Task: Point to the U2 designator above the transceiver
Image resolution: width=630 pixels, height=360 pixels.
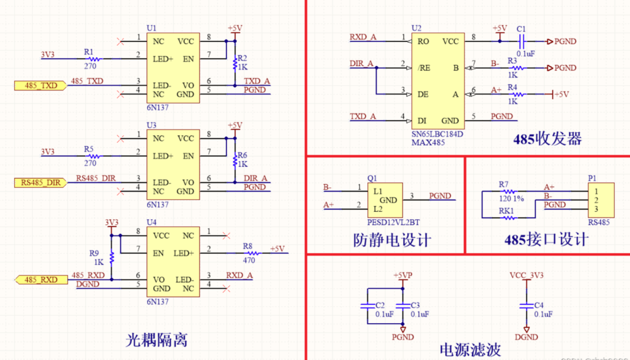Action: click(416, 28)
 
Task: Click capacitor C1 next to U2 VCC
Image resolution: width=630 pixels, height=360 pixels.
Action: click(523, 41)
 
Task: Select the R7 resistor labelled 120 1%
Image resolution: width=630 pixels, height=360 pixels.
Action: click(509, 191)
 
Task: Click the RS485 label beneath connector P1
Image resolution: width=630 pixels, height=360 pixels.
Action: click(598, 222)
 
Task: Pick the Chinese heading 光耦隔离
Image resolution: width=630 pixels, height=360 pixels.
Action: click(157, 340)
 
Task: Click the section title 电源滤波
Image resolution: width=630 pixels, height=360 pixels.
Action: click(470, 350)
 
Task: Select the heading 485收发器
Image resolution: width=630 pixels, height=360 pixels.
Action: click(547, 139)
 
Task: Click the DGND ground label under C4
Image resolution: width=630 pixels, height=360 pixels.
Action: click(527, 337)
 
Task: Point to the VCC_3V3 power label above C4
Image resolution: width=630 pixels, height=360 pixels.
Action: click(526, 275)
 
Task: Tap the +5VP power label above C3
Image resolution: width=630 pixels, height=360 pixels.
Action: click(402, 275)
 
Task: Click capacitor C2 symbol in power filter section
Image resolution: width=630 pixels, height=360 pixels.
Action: click(366, 305)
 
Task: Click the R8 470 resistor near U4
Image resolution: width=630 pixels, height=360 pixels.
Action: click(249, 253)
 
